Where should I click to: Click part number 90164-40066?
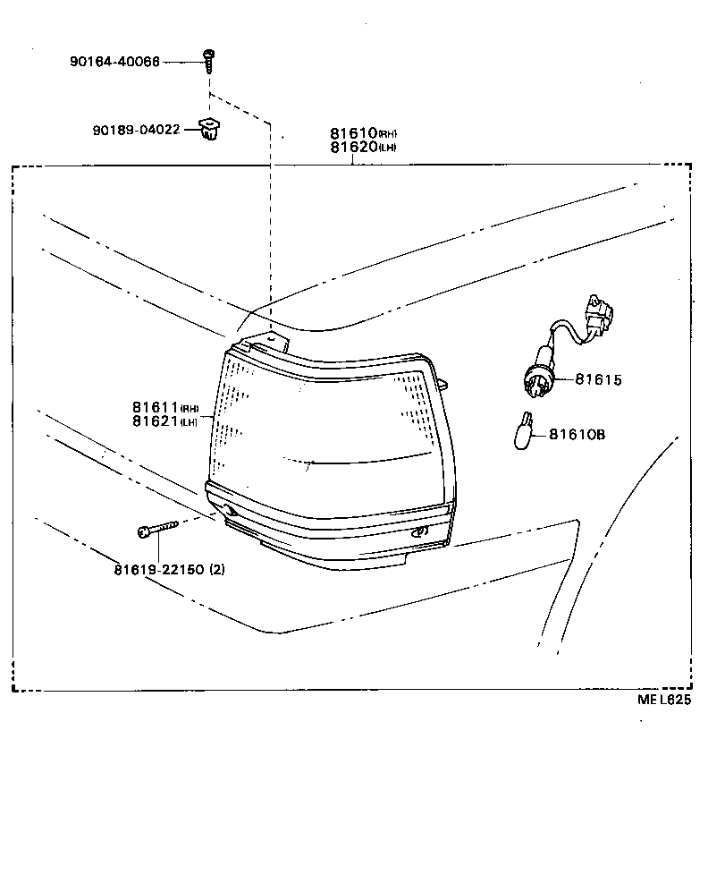[115, 62]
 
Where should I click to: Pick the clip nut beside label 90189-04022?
[211, 130]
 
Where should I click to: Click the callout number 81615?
[597, 379]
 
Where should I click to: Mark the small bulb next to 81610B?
[525, 431]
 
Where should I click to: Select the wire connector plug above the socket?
[595, 316]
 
